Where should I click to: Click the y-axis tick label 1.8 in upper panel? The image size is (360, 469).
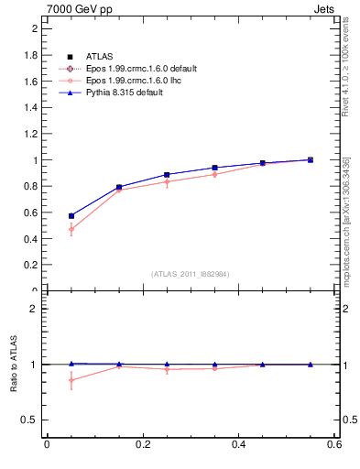coord(32,54)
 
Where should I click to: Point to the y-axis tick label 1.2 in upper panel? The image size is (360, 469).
coord(32,133)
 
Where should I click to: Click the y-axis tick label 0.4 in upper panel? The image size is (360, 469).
coord(32,239)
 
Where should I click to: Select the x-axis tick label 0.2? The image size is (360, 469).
coord(142,446)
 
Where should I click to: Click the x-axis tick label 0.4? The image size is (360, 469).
coord(238,446)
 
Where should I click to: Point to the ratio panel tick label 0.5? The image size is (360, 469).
coord(30,420)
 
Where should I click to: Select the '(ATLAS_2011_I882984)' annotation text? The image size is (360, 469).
coord(190,274)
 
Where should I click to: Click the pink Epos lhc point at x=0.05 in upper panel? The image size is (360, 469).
coord(71,229)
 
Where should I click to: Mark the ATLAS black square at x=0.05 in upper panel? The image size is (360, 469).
coord(71,216)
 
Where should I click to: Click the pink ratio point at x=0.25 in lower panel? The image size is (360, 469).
coord(167,369)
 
